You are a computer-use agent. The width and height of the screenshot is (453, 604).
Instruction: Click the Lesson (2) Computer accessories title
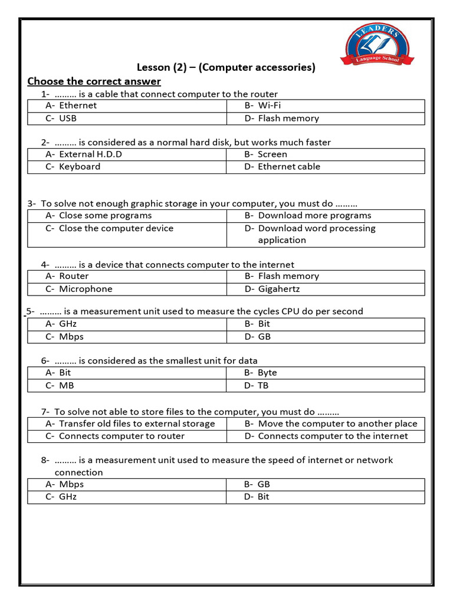tap(226, 67)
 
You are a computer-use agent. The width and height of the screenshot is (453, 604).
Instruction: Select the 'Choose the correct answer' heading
tap(94, 81)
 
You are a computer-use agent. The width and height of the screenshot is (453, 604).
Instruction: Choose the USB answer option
tap(67, 118)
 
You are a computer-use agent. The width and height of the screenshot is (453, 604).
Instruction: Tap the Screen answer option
tap(272, 155)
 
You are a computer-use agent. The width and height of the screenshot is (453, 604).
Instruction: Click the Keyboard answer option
tap(79, 167)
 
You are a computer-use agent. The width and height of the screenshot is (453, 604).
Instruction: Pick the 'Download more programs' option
tap(314, 216)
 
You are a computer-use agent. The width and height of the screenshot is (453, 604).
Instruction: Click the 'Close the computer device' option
tap(116, 228)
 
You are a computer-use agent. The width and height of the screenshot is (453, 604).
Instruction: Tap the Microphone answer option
tap(85, 289)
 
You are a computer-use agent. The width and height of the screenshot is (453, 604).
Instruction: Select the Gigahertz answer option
tap(278, 289)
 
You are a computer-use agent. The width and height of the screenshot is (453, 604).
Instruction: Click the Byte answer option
tap(267, 373)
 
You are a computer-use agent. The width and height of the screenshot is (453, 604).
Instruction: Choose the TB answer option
tap(262, 386)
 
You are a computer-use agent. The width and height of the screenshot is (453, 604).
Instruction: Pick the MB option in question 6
tap(66, 386)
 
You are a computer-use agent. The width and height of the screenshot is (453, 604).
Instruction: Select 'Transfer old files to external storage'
tap(137, 424)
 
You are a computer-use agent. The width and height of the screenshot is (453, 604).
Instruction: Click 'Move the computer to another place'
tap(337, 424)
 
